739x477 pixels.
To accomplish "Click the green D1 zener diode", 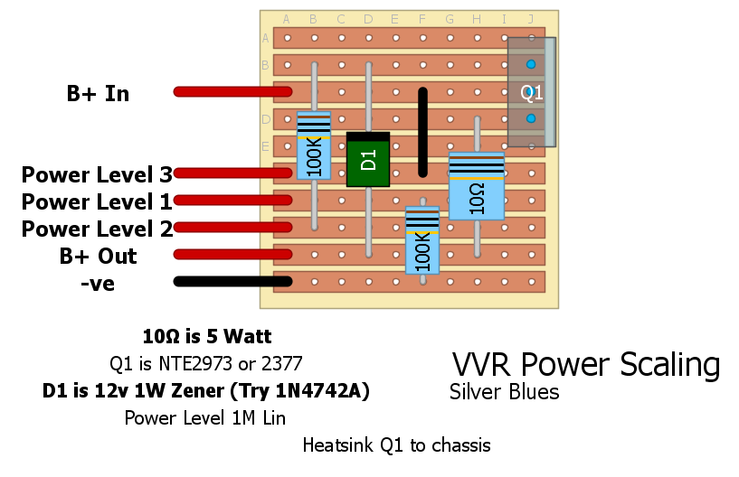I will coord(368,161).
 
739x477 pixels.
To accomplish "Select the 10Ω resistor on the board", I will coord(477,186).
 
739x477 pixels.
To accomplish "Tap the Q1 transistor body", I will coord(531,91).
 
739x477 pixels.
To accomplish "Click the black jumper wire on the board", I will coord(422,132).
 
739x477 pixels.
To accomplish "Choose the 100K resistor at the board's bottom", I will coord(422,240).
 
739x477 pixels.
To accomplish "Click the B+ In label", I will coord(98,93).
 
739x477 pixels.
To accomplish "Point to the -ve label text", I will coord(97,284).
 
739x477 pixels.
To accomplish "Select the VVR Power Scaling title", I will coord(586,365).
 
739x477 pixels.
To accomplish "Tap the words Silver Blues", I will coord(504,393).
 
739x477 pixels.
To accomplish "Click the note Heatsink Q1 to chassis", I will coord(396,445).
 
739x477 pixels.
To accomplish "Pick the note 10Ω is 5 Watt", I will coord(207,337).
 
